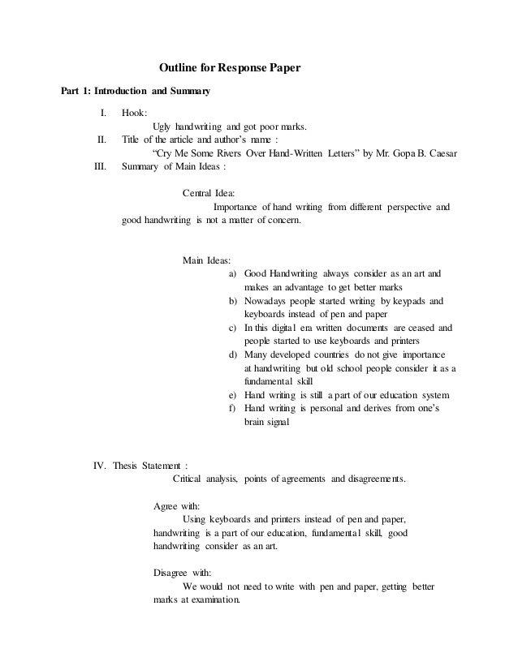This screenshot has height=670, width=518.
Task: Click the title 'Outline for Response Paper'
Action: click(229, 71)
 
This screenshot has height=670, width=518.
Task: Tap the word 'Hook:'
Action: click(134, 114)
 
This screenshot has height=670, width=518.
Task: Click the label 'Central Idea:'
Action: click(209, 194)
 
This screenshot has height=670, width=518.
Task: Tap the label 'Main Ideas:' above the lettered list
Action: click(206, 260)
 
